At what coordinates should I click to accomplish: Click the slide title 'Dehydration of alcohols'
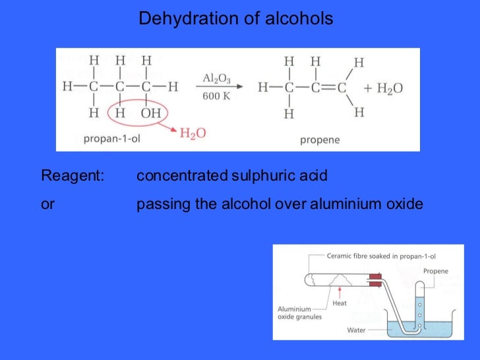(235, 19)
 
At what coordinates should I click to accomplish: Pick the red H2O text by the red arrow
(193, 133)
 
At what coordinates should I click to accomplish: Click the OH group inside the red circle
(150, 113)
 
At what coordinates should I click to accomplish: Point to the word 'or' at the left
(47, 204)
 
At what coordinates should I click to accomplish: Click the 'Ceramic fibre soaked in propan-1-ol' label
(382, 255)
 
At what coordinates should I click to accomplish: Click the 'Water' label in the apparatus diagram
(357, 329)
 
